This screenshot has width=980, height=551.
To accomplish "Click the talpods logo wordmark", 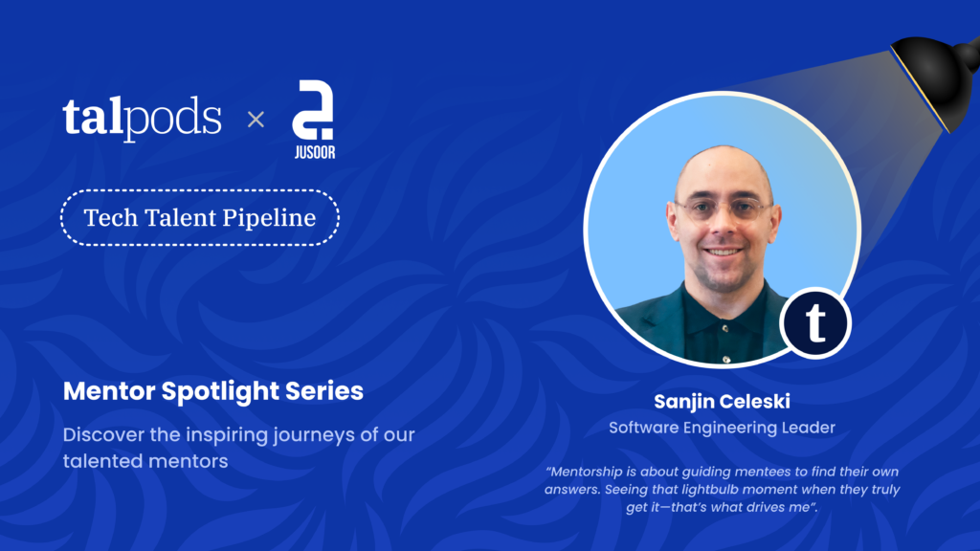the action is tap(142, 118).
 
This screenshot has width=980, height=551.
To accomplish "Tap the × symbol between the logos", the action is tap(256, 119).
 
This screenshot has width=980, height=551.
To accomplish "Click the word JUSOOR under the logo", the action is tap(315, 152).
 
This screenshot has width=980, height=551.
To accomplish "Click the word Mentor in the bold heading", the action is tap(109, 391).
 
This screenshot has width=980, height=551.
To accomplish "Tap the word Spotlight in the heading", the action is tap(220, 391).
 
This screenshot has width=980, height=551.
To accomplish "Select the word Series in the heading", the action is tap(323, 391).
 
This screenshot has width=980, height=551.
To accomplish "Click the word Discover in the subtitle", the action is tap(103, 434).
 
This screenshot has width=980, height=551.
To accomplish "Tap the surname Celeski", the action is tap(756, 401).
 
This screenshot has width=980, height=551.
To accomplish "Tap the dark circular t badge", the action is tap(815, 323).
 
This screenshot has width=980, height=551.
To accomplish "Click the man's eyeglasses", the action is tap(724, 209).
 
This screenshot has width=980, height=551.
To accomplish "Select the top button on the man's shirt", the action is tap(725, 327).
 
